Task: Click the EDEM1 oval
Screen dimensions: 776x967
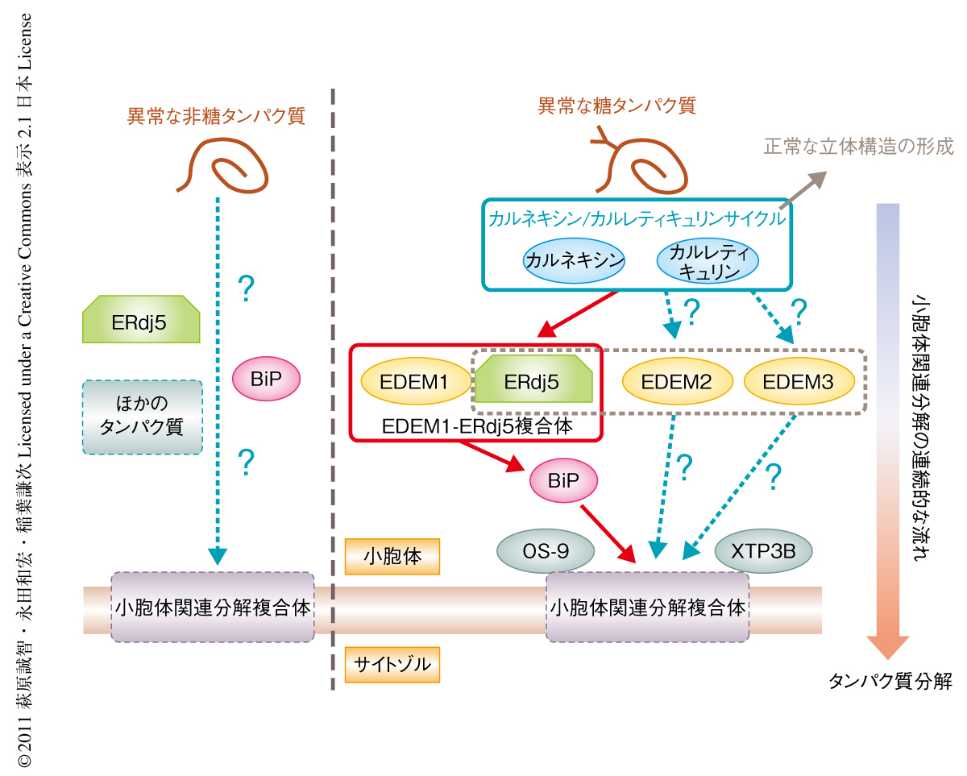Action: click(x=414, y=381)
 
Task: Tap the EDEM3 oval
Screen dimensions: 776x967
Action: click(x=798, y=381)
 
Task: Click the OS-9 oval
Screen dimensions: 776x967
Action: click(x=546, y=552)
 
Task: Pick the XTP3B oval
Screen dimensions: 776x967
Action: click(x=763, y=552)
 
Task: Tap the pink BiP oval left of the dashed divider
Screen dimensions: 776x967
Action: click(x=265, y=378)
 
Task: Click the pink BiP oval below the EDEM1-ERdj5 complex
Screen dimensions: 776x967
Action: click(x=564, y=480)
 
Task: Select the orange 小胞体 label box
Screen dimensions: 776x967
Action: click(x=392, y=556)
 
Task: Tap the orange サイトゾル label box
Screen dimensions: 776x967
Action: click(x=392, y=664)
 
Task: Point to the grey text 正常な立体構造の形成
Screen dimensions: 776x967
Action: click(x=857, y=147)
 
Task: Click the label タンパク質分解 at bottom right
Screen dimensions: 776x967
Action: click(x=890, y=682)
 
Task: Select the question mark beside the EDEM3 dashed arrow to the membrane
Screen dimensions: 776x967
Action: click(x=774, y=476)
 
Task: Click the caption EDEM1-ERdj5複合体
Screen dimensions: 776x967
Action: click(x=476, y=425)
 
